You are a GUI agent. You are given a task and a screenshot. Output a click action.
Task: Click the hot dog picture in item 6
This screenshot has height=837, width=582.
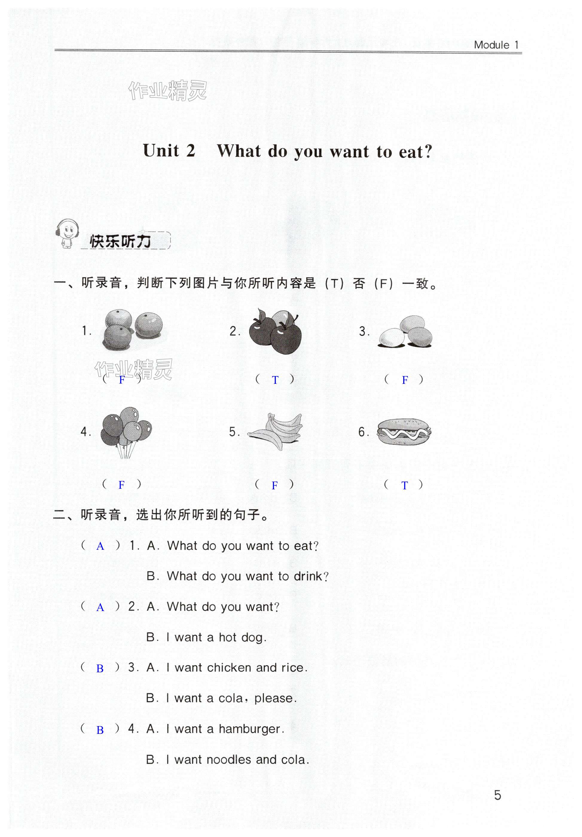point(404,432)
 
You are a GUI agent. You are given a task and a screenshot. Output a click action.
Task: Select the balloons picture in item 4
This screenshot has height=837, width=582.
point(126,430)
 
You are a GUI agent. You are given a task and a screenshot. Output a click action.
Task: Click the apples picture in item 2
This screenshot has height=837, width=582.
point(275,331)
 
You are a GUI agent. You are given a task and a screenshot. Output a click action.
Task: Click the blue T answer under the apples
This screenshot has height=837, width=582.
point(275,380)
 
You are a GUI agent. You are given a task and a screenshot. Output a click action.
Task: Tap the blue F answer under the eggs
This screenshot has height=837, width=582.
point(404,380)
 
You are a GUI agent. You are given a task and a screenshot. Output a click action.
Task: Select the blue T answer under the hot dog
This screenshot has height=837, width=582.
point(404,485)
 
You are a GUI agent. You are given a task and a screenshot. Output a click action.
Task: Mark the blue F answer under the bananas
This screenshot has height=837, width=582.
point(275,485)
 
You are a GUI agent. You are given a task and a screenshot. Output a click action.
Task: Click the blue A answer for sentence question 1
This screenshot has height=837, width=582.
point(100,546)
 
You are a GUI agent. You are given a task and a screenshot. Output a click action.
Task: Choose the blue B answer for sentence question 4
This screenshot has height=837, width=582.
point(100,730)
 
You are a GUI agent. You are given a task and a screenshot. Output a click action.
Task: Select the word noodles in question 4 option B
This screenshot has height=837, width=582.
point(228,760)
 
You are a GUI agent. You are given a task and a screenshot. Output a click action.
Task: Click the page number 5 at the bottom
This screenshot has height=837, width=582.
point(497,795)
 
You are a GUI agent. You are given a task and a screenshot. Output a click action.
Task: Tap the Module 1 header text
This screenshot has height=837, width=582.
point(496,45)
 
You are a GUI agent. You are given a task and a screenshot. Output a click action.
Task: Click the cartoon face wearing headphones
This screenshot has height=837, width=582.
point(68,233)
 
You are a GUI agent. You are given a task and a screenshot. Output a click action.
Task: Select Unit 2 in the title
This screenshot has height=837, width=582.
point(169,151)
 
